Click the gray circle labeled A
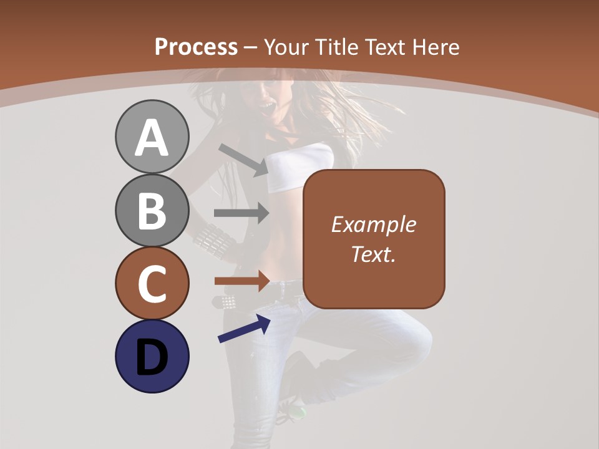pos(152,137)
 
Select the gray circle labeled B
pos(152,210)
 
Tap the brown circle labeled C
pos(152,283)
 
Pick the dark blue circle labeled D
pos(152,356)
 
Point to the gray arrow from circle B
pos(241,213)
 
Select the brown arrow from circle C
pos(241,281)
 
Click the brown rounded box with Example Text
pos(374,239)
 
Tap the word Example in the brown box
pos(373,224)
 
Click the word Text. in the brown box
pos(373,254)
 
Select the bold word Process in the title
pos(196,47)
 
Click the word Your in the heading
pos(286,47)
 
